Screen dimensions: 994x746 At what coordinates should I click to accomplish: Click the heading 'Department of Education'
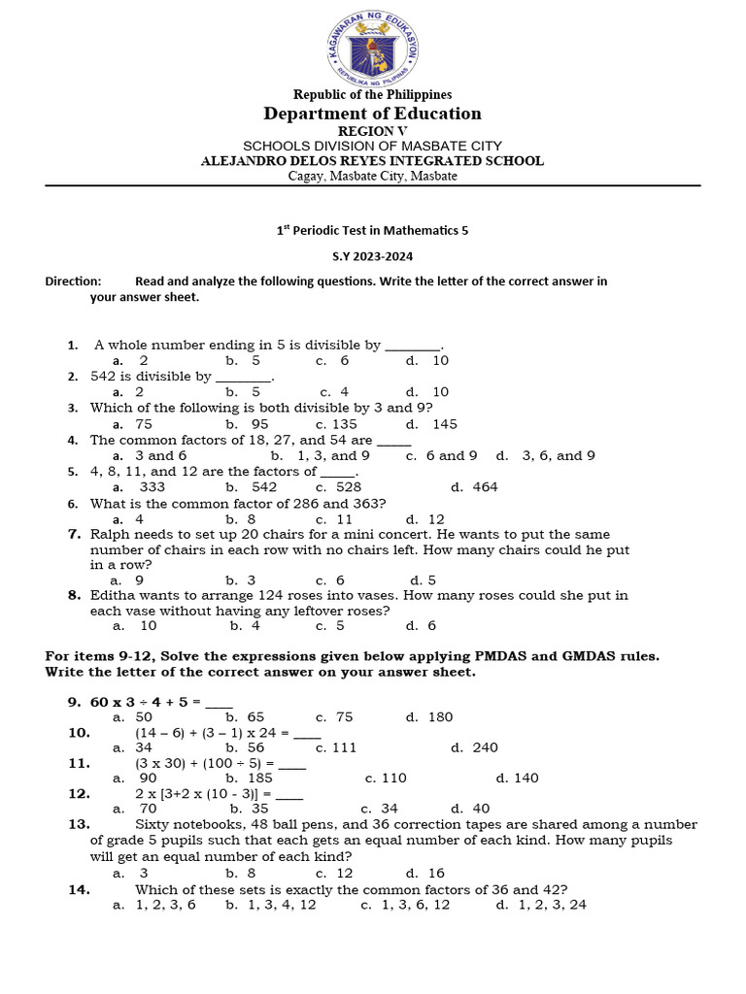coord(373,114)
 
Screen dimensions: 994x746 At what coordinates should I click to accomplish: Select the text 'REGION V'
coord(373,131)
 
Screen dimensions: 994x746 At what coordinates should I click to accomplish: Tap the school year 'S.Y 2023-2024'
coord(373,255)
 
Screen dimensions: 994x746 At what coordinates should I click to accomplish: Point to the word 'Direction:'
coord(73,282)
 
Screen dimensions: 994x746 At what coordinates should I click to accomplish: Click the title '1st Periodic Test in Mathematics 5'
coord(373,230)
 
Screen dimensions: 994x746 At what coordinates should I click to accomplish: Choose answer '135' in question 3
coord(343,424)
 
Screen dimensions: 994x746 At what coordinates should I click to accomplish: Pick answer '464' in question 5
coord(485,487)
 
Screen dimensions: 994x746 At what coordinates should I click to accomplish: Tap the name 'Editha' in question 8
coord(113,595)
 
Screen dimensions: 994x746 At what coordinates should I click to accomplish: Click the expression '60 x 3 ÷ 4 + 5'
coord(146,702)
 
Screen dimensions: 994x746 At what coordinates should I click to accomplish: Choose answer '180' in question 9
coord(439,717)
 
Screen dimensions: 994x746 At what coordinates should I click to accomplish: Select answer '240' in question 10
coord(484,747)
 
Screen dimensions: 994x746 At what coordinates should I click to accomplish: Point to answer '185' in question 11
coord(259,778)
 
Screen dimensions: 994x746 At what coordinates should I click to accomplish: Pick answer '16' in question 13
coord(435,873)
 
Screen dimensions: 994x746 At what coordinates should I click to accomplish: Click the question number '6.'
coord(73,504)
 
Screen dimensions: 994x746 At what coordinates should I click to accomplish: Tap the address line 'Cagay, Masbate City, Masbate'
coord(373,176)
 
